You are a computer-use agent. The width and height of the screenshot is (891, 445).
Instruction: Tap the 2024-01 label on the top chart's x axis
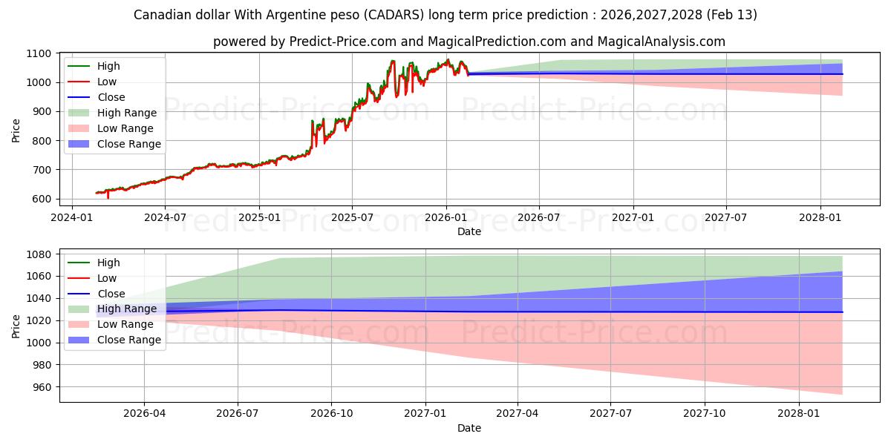click(71, 218)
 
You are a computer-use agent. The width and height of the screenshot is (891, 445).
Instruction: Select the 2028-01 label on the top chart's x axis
click(820, 218)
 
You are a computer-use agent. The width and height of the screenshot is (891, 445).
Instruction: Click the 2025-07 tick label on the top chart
click(352, 218)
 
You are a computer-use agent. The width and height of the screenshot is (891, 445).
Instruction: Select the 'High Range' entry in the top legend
click(127, 113)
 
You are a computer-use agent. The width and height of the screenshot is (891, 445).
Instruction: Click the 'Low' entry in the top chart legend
click(107, 82)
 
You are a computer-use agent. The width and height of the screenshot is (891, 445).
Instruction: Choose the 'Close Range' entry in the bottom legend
click(129, 340)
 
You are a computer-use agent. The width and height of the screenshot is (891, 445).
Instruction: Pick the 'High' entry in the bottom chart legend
click(108, 263)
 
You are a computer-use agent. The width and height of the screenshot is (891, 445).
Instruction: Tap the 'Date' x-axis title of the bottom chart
click(469, 428)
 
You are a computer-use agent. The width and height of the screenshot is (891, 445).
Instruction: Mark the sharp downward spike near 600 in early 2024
click(108, 197)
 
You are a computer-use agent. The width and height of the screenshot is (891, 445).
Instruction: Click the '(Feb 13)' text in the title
click(731, 15)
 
